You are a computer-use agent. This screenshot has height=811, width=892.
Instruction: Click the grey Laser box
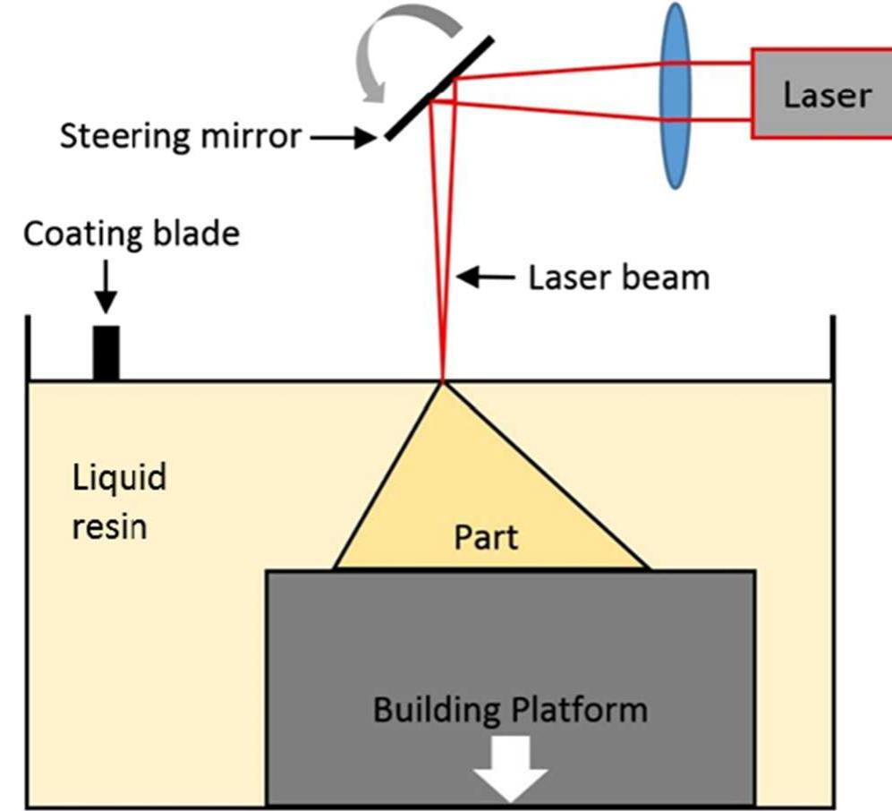point(821,94)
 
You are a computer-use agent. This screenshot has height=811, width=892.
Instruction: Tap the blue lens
point(675,94)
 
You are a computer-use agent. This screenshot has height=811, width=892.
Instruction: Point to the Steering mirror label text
point(180,137)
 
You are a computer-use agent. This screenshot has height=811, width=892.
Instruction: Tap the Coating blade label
point(131,234)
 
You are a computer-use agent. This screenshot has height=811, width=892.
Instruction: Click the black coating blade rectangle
point(106,354)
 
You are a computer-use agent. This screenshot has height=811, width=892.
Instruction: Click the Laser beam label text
point(618,277)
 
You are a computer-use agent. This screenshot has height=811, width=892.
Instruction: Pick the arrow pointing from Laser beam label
point(487,277)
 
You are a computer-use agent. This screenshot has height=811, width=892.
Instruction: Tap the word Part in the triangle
point(486,537)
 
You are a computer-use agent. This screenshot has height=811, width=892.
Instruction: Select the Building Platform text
point(509,710)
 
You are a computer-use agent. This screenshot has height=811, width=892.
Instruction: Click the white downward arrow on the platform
point(511,772)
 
